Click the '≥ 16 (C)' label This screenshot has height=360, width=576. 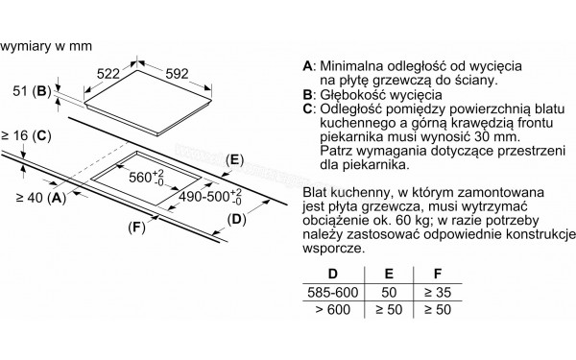coord(26,136)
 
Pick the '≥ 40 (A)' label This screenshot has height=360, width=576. coord(39,198)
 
